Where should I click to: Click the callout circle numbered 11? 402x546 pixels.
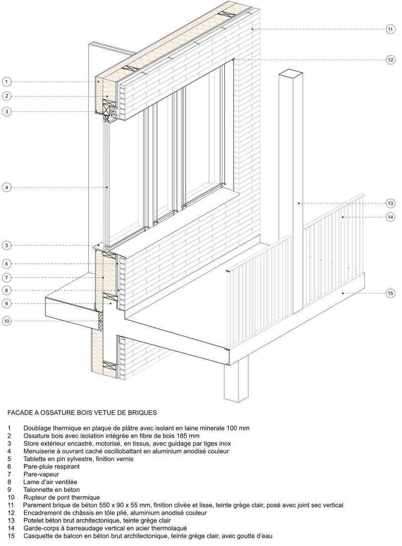390,29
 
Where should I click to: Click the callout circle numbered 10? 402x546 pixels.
6,321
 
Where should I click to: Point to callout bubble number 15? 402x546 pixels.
390,293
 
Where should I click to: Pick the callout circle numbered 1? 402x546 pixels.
6,81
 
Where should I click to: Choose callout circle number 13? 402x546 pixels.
390,203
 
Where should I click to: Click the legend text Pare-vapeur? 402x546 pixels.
41,474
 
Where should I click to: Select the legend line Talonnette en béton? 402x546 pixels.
51,490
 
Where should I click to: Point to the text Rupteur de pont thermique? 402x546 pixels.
62,497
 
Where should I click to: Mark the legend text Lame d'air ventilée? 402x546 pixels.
49,482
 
